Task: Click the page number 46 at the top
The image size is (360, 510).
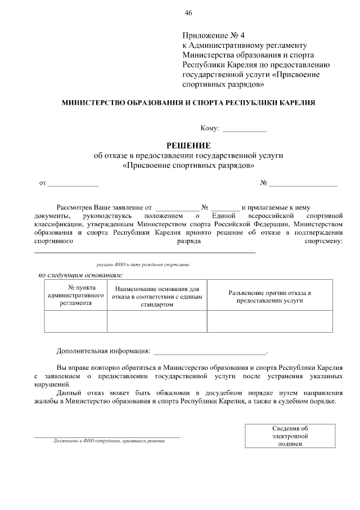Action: click(x=188, y=13)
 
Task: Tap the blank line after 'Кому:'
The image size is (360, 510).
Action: click(x=245, y=129)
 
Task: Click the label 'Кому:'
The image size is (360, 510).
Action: click(x=210, y=128)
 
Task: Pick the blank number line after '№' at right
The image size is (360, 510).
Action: click(x=304, y=184)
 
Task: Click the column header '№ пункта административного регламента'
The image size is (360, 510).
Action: click(x=76, y=294)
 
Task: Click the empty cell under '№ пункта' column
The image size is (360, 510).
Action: click(x=76, y=321)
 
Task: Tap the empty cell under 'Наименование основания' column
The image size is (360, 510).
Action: click(x=157, y=321)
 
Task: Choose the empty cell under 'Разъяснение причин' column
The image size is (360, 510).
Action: click(x=269, y=321)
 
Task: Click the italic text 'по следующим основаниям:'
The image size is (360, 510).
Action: click(x=80, y=275)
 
